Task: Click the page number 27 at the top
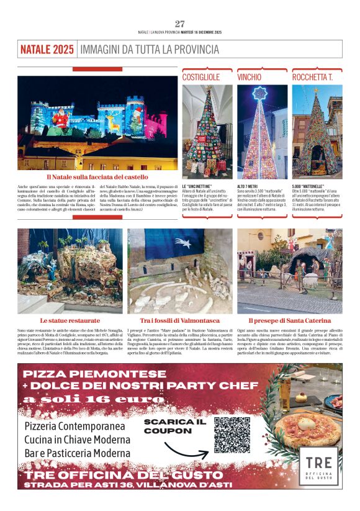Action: tap(180, 24)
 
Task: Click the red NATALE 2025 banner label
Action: tap(47, 49)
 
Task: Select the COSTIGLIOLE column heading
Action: tap(201, 77)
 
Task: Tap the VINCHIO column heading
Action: tap(250, 77)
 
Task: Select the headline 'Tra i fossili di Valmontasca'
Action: tap(180, 320)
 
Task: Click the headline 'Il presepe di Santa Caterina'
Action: tap(289, 320)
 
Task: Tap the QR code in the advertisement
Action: tap(232, 435)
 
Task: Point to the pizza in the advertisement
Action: tap(304, 428)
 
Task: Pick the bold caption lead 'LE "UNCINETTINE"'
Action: tap(197, 186)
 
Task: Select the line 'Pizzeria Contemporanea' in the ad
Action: tap(75, 427)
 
